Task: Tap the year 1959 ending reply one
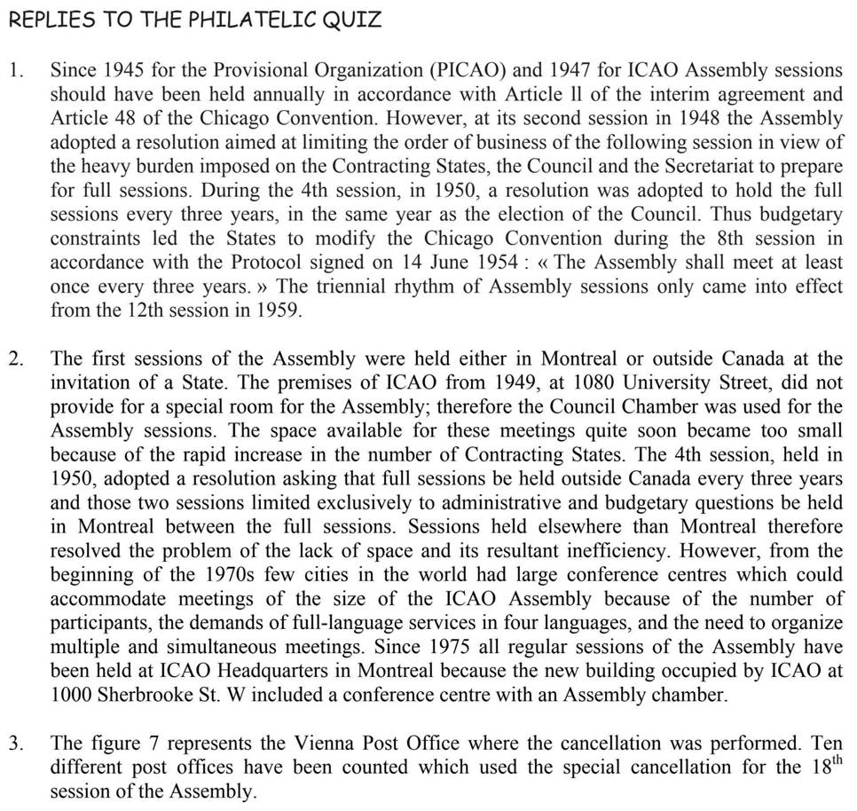tap(279, 311)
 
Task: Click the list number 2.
tap(16, 359)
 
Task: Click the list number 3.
tap(16, 743)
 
